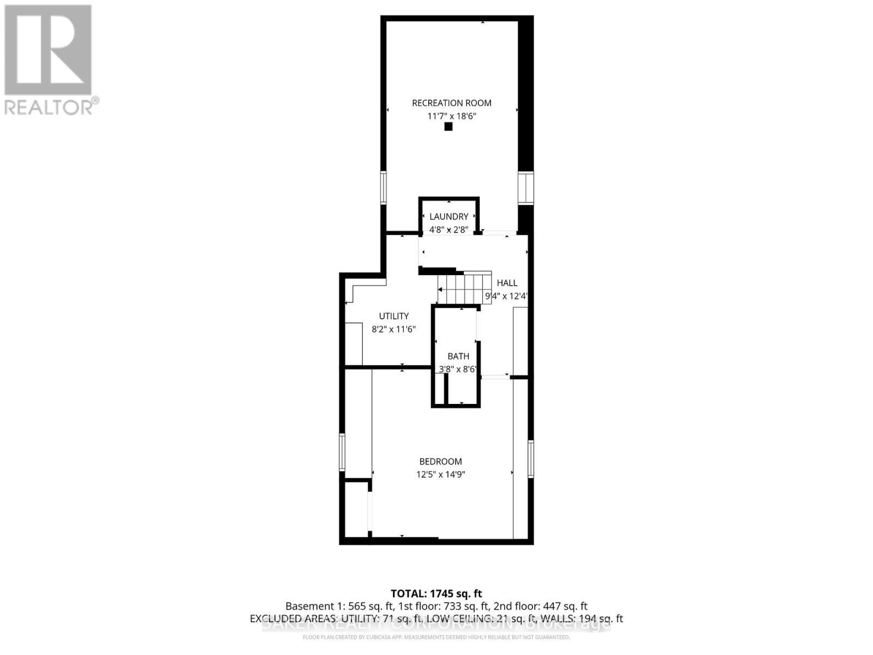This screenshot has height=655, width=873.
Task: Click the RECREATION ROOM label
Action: coord(451,103)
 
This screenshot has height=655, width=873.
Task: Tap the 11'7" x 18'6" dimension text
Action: coord(451,116)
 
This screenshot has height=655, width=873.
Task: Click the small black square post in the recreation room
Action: coord(449,127)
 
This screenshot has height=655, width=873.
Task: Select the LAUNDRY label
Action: coord(449,217)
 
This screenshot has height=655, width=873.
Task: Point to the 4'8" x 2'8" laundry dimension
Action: coord(449,230)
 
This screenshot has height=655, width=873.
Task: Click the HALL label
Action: coord(507,283)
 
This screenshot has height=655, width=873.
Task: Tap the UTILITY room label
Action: coord(394,316)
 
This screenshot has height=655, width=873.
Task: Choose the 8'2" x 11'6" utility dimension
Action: coord(394,329)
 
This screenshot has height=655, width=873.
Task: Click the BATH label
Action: coord(458,356)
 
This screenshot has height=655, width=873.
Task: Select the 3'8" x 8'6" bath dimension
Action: coord(458,369)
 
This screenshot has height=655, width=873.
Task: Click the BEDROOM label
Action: coord(440,461)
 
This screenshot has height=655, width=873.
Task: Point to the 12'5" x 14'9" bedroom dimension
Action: coord(440,474)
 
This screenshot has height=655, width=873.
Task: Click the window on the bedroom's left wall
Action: coord(342,451)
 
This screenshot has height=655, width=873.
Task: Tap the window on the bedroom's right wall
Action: coord(530,458)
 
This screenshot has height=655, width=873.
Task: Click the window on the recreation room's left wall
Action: coord(383,187)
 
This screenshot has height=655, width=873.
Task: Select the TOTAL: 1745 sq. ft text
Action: coord(436,593)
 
